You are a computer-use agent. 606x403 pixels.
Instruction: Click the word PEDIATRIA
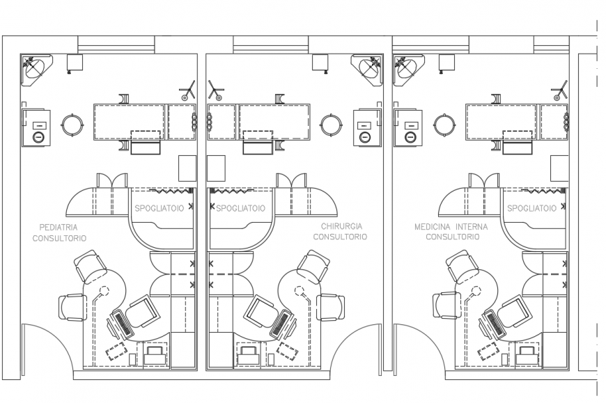59,227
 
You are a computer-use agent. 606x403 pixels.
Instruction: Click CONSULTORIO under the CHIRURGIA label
340,237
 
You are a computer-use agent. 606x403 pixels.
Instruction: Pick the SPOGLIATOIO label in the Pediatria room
159,208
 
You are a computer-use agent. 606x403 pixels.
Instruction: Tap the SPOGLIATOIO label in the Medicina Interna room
531,208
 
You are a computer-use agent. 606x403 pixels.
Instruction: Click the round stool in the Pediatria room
72,125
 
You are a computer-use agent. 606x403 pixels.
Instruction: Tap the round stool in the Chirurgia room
330,125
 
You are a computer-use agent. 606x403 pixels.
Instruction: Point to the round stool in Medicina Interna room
444,125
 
